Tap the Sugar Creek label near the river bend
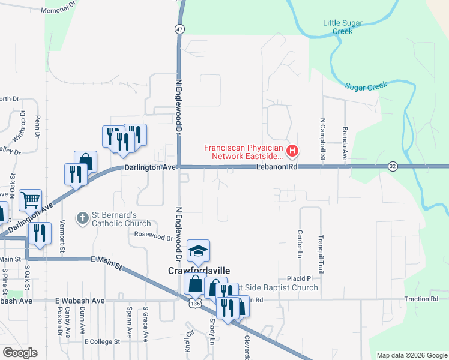pyautogui.click(x=366, y=86)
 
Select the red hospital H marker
pyautogui.click(x=292, y=150)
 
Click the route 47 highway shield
pyautogui.click(x=180, y=28)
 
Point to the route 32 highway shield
pyautogui.click(x=392, y=166)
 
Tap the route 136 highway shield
pyautogui.click(x=194, y=304)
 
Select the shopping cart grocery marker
pyautogui.click(x=31, y=200)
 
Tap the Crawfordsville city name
pyautogui.click(x=196, y=271)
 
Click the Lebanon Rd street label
pyautogui.click(x=276, y=167)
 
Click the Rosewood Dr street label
pyautogui.click(x=154, y=236)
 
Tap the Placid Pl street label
pyautogui.click(x=300, y=278)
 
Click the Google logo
pyautogui.click(x=20, y=353)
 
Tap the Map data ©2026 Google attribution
pyautogui.click(x=411, y=355)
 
